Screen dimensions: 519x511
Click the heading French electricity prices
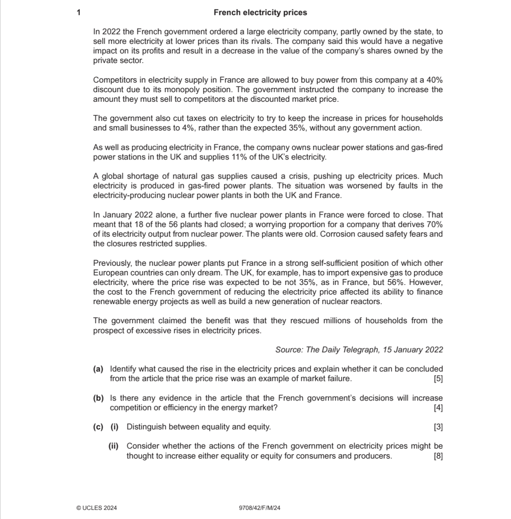[x=260, y=13]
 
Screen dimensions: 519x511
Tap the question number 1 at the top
[x=79, y=13]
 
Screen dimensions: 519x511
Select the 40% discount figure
[x=435, y=80]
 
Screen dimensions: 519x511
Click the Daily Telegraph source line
[x=359, y=350]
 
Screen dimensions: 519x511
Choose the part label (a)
[x=98, y=369]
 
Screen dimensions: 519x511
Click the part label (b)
[x=98, y=398]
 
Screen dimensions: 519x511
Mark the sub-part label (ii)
[x=113, y=446]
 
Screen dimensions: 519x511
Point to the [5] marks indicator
[x=438, y=379]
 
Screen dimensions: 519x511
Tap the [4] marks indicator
[x=438, y=408]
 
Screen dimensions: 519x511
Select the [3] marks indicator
[x=438, y=427]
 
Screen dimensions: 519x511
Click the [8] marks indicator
[x=438, y=456]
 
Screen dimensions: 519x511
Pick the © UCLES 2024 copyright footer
[x=97, y=508]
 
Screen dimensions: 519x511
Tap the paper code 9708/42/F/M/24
[x=260, y=508]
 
